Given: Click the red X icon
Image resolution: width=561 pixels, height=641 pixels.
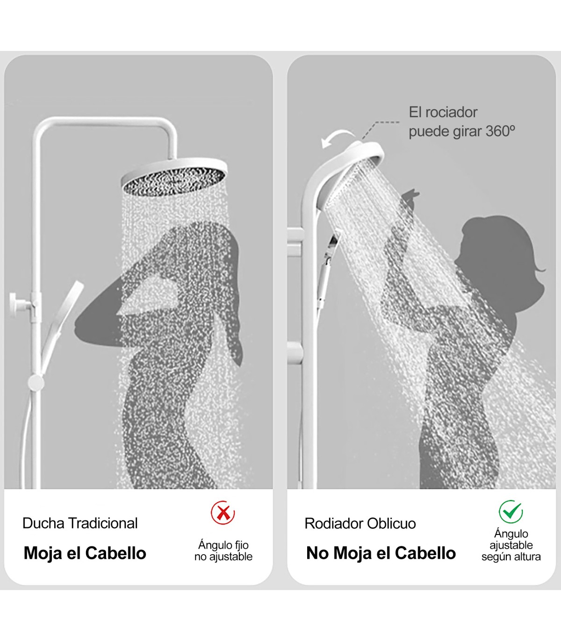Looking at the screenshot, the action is [223, 513].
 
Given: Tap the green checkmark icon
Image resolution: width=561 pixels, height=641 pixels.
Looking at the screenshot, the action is [511, 512].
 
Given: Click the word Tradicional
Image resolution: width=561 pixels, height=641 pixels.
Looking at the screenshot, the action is [103, 523].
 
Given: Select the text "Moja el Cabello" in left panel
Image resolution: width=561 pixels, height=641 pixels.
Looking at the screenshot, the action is [85, 553].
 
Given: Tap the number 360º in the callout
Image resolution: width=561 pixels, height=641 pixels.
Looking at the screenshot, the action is [500, 131].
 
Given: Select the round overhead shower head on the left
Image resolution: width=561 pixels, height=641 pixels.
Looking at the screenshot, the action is [174, 178].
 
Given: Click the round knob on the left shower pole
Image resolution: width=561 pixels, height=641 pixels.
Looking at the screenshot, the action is [36, 383].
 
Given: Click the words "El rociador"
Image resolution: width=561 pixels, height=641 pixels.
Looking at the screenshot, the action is [443, 112].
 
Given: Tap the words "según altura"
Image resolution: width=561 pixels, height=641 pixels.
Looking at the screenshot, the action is [511, 557].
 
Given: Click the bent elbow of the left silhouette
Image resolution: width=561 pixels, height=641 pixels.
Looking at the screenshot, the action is [82, 326].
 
